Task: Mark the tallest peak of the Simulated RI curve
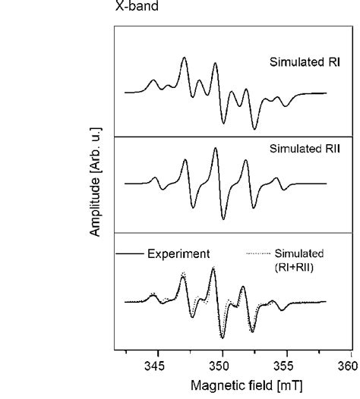pyautogui.click(x=184, y=58)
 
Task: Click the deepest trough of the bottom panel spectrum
pyautogui.click(x=223, y=338)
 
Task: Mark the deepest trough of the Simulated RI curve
pyautogui.click(x=255, y=129)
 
